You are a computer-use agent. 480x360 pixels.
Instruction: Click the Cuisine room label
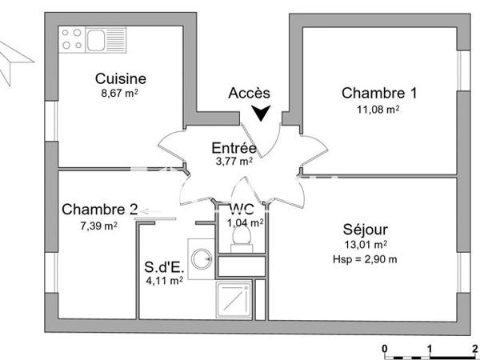coord(120,78)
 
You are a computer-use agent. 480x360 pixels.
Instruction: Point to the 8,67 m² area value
coord(120,94)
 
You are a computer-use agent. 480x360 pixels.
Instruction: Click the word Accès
coord(250,94)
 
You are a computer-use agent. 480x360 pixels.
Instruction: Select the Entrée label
coord(234,148)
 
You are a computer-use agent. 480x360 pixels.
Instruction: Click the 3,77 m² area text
coord(234,161)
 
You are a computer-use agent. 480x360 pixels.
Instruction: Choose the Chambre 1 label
coord(378,92)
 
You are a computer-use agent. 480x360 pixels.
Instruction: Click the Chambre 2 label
coord(100,210)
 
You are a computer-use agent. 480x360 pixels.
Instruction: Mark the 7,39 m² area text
coord(100,226)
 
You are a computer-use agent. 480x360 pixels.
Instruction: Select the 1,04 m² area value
coord(246,223)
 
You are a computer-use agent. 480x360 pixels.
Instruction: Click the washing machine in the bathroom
coord(203,258)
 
